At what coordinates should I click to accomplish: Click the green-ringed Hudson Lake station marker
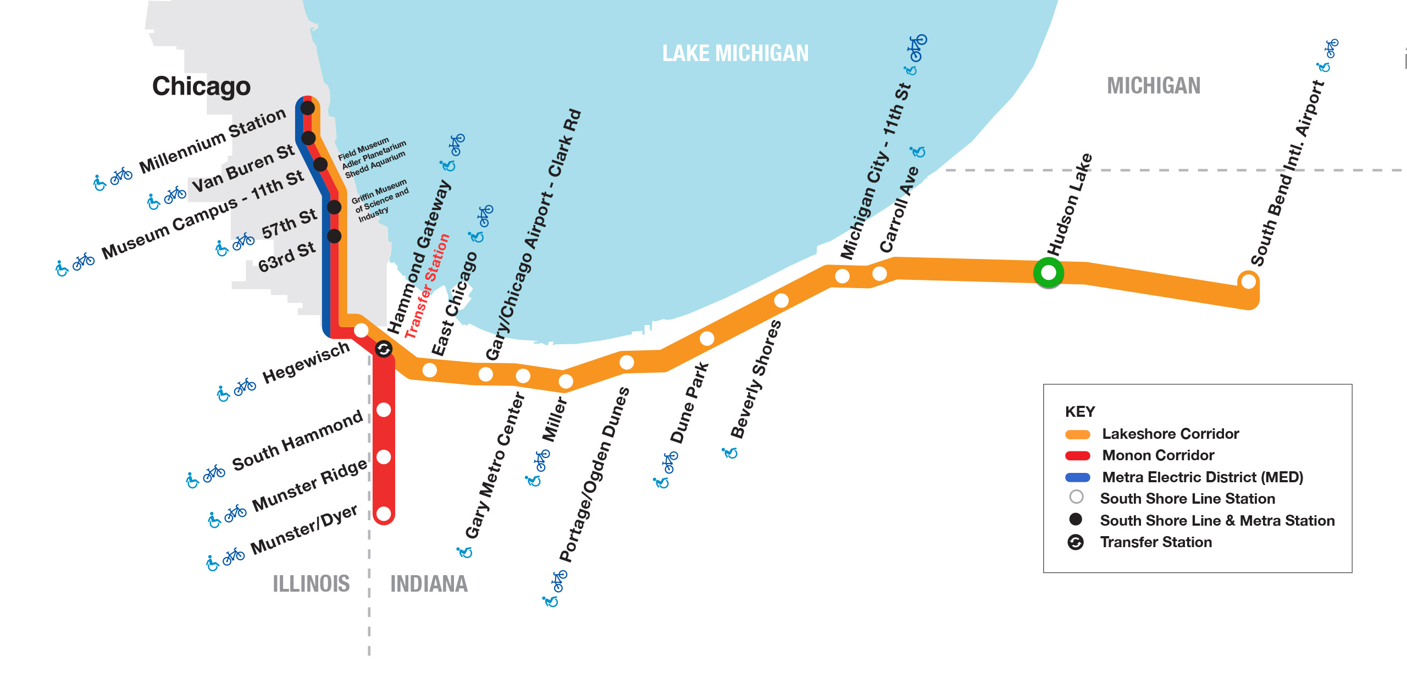[1048, 272]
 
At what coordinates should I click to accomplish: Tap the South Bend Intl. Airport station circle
[1248, 281]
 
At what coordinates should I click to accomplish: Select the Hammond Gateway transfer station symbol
[384, 349]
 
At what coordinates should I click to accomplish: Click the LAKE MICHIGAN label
[735, 53]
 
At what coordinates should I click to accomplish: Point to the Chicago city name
[201, 86]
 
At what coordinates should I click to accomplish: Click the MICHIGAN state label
[1153, 86]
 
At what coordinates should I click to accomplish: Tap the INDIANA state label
[429, 583]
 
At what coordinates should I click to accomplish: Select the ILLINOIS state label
[311, 583]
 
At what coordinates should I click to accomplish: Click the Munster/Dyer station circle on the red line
[384, 514]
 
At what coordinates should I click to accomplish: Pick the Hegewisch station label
[306, 363]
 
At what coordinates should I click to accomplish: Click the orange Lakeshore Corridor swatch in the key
[1077, 434]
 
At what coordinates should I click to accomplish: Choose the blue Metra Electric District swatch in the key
[1077, 477]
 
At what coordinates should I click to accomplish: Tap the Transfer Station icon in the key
[1076, 542]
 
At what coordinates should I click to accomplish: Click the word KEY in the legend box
[1079, 412]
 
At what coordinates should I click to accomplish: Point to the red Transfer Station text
[427, 286]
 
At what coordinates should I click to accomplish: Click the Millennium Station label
[213, 140]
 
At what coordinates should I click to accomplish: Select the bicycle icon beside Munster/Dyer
[234, 556]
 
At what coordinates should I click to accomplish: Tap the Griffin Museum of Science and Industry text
[380, 201]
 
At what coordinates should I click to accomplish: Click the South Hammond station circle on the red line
[384, 410]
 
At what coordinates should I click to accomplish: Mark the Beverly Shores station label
[756, 379]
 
